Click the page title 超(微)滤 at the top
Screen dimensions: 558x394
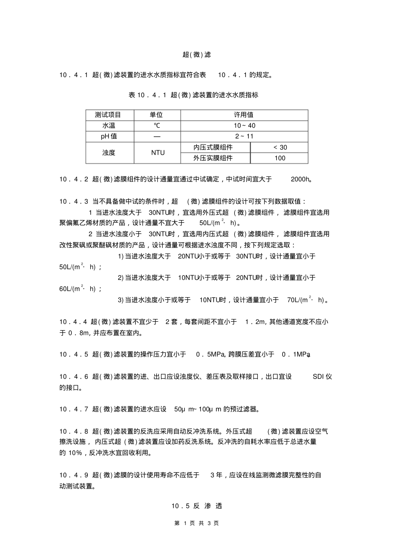[x=197, y=55]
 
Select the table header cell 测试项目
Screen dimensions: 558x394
[x=108, y=115]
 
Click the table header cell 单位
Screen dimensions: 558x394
[x=156, y=115]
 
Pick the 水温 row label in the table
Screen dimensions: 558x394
[x=108, y=126]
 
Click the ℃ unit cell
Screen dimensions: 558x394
[x=157, y=126]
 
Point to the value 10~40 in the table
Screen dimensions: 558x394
[x=245, y=126]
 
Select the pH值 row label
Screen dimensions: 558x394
[x=109, y=137]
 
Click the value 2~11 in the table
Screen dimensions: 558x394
[x=245, y=137]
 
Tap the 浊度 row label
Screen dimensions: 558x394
[x=109, y=152]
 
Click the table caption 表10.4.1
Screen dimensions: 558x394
[x=193, y=95]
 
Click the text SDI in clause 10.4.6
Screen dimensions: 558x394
[x=318, y=377]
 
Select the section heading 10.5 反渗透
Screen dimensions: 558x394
[x=197, y=506]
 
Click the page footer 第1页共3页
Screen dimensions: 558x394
[x=197, y=523]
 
